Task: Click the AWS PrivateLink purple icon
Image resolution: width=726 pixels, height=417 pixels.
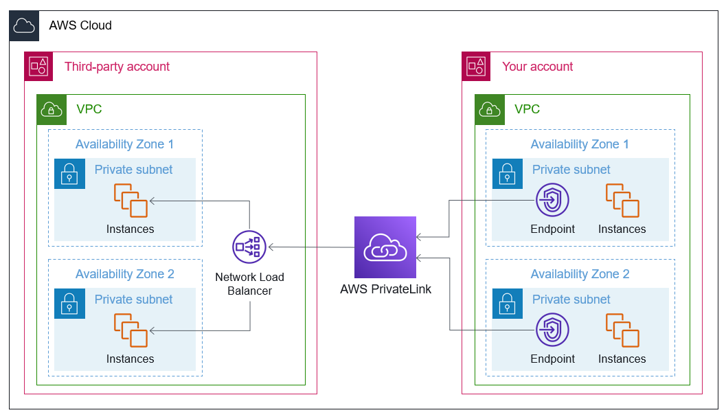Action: (x=385, y=247)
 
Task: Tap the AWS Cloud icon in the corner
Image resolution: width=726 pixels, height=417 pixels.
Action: (x=24, y=26)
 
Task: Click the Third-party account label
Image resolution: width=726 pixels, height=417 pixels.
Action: (x=117, y=67)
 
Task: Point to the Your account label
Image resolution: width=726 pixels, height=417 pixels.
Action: (x=537, y=67)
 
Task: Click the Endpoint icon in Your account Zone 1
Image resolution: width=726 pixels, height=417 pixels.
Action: (x=552, y=201)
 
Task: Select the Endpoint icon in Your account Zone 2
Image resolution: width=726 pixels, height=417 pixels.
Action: (x=552, y=330)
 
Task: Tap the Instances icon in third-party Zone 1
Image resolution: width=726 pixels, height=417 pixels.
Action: (x=131, y=201)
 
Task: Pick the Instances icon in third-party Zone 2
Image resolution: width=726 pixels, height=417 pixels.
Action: (x=131, y=330)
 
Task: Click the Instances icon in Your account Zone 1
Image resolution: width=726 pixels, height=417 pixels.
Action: (x=622, y=201)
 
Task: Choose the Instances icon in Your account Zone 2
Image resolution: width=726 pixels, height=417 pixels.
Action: (x=622, y=330)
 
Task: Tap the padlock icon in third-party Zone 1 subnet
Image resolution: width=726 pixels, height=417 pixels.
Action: (x=69, y=174)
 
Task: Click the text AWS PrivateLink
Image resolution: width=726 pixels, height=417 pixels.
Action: (x=385, y=289)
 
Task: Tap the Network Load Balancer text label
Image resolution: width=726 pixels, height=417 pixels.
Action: (x=249, y=284)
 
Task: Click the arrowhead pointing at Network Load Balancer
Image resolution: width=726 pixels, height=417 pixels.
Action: (x=272, y=246)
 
